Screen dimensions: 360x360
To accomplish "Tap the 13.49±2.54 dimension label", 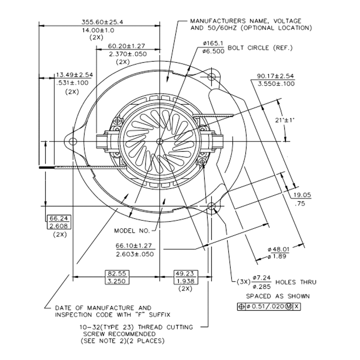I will [x=74, y=75].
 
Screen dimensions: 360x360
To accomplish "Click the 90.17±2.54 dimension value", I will [x=276, y=76].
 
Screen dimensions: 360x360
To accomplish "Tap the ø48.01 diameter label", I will [x=279, y=249].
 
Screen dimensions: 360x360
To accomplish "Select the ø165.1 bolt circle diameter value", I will [x=213, y=44].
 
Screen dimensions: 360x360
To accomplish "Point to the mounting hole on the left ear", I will [x=73, y=140].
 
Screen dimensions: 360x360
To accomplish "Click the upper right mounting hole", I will [x=212, y=76].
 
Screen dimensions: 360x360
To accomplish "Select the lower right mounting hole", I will [x=212, y=206].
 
